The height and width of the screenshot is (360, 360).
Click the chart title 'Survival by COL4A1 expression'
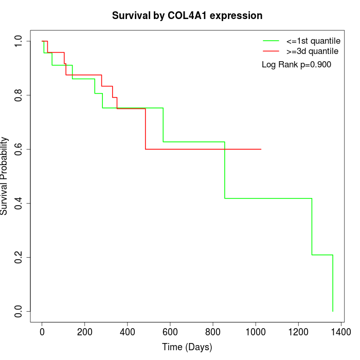[x=187, y=16]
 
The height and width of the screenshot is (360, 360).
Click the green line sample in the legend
[x=271, y=41]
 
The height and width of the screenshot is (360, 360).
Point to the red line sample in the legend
[x=271, y=51]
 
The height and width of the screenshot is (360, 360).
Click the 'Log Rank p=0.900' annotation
[x=296, y=65]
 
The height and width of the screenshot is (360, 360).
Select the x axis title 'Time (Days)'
[x=187, y=347]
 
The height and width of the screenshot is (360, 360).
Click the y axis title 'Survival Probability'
[x=5, y=176]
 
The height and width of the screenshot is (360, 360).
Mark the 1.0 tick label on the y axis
[x=19, y=41]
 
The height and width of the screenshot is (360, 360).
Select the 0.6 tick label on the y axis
[x=19, y=149]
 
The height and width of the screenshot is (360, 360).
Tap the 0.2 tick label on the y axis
[x=19, y=257]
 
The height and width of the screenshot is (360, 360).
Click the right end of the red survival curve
[x=261, y=149]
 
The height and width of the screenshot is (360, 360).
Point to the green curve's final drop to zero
[x=333, y=283]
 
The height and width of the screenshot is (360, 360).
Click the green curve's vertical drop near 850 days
[x=225, y=170]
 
